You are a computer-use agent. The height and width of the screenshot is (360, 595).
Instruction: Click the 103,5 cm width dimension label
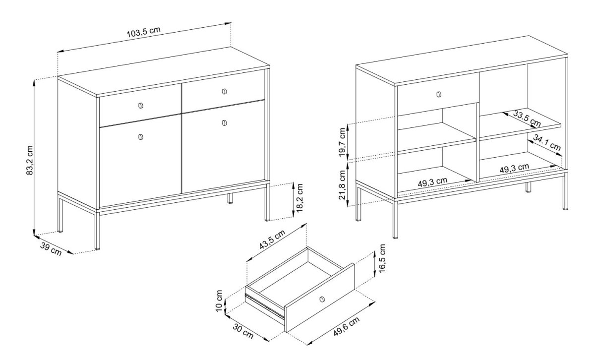pos(144,32)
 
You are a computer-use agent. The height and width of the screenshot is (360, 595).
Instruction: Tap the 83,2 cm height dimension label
pos(30,160)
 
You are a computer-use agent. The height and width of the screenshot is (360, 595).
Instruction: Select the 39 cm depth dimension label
pos(51,249)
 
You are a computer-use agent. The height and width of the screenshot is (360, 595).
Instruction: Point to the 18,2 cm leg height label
pos(300,197)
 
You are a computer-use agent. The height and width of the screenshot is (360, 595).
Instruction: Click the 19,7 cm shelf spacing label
pos(343,142)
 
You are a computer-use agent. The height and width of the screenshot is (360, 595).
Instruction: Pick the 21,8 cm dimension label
pos(343,184)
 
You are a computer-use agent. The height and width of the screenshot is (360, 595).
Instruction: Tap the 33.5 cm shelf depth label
pos(527,119)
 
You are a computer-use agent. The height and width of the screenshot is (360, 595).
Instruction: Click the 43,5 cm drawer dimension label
pos(272,240)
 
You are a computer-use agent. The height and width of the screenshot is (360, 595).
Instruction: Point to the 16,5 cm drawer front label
pos(382,258)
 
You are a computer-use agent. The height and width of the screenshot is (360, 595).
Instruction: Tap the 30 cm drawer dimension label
pos(243,331)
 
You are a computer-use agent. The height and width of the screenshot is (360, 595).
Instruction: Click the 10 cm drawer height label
pos(219,301)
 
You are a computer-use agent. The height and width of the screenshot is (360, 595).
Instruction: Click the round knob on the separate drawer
pos(322,299)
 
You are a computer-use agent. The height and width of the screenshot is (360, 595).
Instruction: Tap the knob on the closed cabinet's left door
pos(141,137)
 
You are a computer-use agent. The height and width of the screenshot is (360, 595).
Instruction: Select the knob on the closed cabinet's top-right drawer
pos(224,92)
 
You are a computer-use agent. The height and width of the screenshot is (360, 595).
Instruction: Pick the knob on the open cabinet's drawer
pos(438,94)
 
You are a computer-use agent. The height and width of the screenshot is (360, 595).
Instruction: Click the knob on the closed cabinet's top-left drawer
pos(141,106)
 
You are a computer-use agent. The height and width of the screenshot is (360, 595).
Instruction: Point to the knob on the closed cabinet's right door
pos(225,123)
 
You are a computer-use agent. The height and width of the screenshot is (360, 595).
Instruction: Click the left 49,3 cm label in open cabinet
pos(432,182)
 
